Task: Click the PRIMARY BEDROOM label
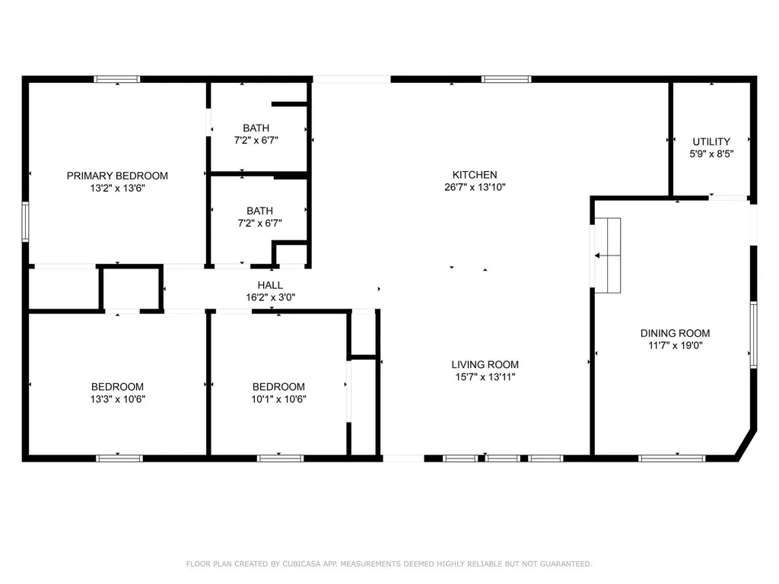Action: [x=117, y=176]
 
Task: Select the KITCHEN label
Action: [x=475, y=175]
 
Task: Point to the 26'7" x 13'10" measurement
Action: [x=475, y=187]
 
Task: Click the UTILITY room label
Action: [x=711, y=141]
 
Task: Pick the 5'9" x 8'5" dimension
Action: [x=711, y=153]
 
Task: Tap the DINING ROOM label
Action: [x=675, y=333]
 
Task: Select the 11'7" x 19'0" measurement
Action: [x=675, y=345]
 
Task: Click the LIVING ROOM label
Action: [x=485, y=364]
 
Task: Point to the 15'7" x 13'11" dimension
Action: [x=485, y=376]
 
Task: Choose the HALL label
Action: [x=270, y=285]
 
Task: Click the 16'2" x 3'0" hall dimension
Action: [x=270, y=297]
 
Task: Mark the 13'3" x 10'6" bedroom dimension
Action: [x=117, y=398]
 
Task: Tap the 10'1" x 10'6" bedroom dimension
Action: [x=278, y=398]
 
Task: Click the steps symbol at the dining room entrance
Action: [x=608, y=255]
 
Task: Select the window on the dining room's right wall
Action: [x=753, y=335]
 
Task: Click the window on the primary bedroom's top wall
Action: [x=117, y=79]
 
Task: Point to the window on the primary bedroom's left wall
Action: [x=25, y=221]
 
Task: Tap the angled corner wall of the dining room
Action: [x=747, y=445]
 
